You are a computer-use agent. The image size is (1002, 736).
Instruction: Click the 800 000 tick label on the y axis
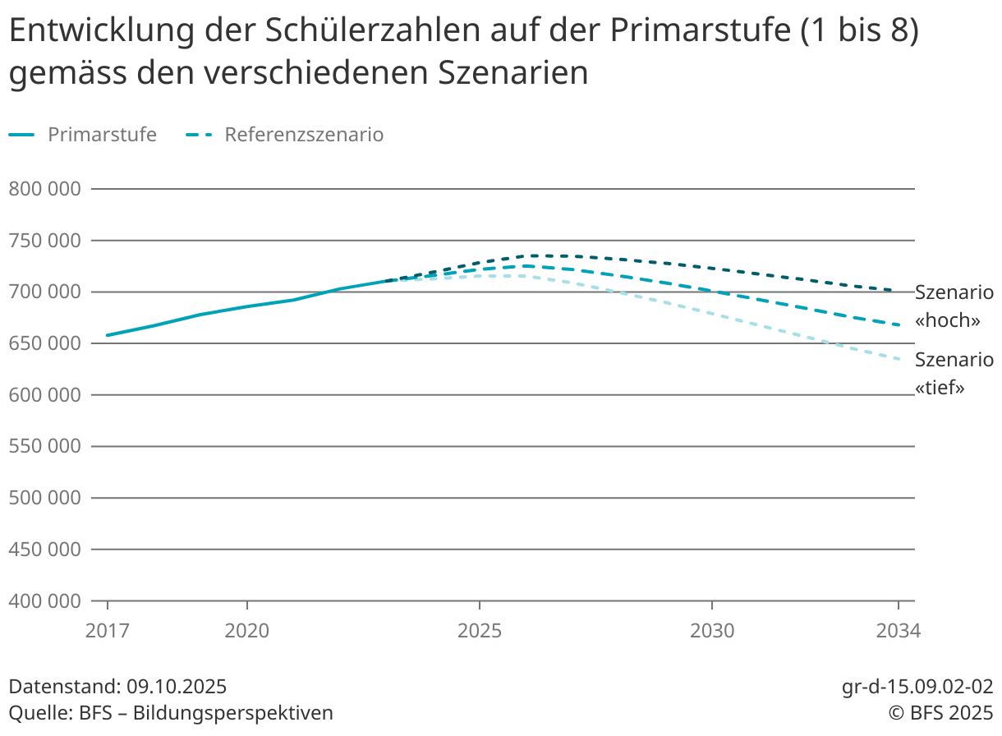tap(44, 189)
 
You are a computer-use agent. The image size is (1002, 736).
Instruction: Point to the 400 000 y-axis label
tap(44, 600)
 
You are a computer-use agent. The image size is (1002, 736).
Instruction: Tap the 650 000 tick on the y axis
tap(44, 343)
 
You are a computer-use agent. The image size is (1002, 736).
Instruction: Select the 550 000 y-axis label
tap(44, 446)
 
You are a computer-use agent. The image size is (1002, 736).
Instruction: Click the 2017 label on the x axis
tap(108, 631)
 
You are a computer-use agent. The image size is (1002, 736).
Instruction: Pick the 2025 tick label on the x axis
tap(480, 631)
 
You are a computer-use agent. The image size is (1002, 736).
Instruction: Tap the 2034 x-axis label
tap(899, 631)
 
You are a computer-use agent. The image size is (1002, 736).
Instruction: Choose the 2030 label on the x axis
tap(712, 631)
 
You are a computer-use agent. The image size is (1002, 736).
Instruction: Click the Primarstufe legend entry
tap(101, 135)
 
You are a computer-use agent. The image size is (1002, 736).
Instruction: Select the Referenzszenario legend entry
tap(304, 135)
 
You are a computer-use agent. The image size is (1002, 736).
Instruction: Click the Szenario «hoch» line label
tap(954, 306)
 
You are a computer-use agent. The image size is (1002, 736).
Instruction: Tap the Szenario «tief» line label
tap(954, 373)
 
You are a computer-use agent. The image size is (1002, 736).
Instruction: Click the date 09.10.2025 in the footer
tap(177, 687)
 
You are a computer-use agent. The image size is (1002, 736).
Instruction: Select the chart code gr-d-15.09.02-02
tap(917, 687)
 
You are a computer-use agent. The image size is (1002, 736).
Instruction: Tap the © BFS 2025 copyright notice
tap(940, 712)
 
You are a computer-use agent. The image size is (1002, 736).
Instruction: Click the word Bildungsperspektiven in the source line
tap(233, 712)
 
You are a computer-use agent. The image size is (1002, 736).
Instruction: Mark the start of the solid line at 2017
tap(108, 335)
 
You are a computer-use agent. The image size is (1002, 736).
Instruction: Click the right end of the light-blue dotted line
tap(901, 359)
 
